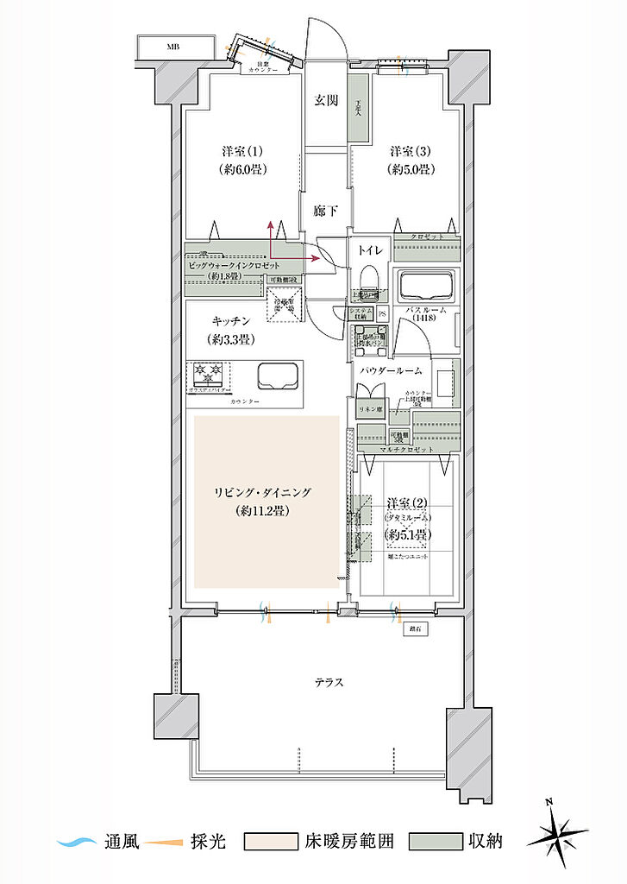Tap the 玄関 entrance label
(325, 101)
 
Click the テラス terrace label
(328, 682)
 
